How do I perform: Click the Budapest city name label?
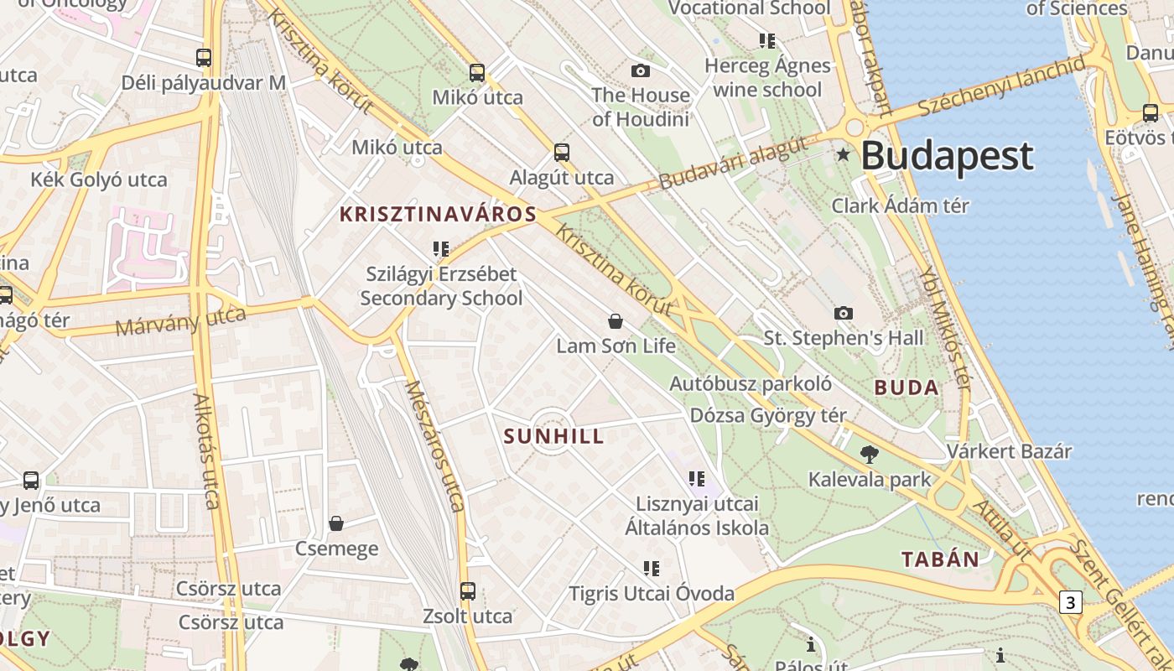948,157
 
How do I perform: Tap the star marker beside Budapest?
843,154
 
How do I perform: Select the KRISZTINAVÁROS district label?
437,214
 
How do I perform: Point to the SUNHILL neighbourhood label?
553,436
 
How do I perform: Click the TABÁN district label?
940,559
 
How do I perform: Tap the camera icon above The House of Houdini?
641,70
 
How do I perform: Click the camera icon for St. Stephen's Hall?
844,313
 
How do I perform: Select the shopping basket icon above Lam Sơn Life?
616,321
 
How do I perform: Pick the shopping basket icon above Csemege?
336,523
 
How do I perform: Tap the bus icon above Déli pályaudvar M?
204,58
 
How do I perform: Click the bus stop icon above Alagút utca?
562,153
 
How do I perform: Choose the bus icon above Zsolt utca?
468,590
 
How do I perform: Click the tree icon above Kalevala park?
870,455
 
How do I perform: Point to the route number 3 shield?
1070,601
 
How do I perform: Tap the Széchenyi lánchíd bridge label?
1000,87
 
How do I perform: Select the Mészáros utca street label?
434,445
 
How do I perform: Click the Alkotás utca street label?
206,450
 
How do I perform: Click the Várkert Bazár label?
1009,451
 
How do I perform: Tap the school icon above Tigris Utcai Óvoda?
652,569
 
